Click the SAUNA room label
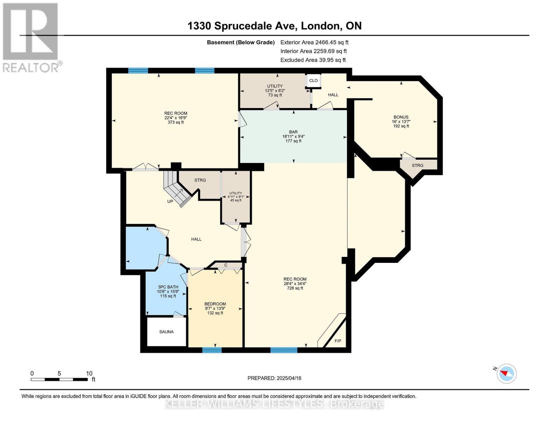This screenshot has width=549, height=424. pyautogui.click(x=166, y=331)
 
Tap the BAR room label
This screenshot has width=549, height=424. pyautogui.click(x=293, y=132)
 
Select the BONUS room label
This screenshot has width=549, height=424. pyautogui.click(x=401, y=117)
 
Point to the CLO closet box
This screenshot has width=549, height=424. pyautogui.click(x=313, y=81)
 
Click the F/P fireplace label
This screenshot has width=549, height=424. pyautogui.click(x=338, y=341)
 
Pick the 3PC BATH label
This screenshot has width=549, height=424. pyautogui.click(x=168, y=287)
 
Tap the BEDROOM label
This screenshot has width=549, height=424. pyautogui.click(x=215, y=304)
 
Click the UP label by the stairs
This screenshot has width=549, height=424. pyautogui.click(x=170, y=201)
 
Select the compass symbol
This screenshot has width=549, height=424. pyautogui.click(x=506, y=373)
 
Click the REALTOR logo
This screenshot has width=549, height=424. pyautogui.click(x=31, y=38)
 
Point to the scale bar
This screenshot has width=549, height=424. pyautogui.click(x=59, y=379)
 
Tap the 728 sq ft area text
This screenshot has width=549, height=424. pyautogui.click(x=295, y=288)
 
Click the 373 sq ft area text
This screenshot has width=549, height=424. pyautogui.click(x=176, y=122)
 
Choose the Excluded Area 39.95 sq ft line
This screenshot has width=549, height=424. pyautogui.click(x=313, y=60)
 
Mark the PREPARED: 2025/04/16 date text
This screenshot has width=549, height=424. pyautogui.click(x=274, y=378)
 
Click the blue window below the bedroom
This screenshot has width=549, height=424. pyautogui.click(x=212, y=350)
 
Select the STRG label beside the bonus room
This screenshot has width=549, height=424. pyautogui.click(x=417, y=165)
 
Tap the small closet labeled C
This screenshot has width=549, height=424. pyautogui.click(x=226, y=265)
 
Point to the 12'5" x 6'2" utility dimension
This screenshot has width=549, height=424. pyautogui.click(x=275, y=90)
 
